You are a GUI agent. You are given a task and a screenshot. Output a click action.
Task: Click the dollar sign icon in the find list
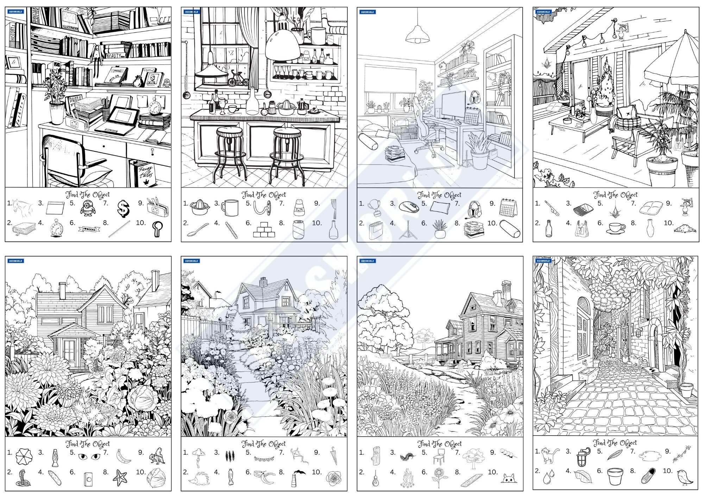123,209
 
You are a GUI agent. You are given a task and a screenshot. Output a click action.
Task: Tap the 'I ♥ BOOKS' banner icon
89,229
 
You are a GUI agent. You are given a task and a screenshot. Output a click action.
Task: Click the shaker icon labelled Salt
299,208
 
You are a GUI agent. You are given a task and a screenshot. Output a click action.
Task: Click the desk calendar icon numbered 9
508,208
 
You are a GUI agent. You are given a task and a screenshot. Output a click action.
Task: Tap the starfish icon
120,478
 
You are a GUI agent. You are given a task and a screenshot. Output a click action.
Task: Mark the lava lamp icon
55,457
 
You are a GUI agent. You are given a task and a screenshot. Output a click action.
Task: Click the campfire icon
407,478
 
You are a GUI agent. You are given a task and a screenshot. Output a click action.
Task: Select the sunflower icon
441,477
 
